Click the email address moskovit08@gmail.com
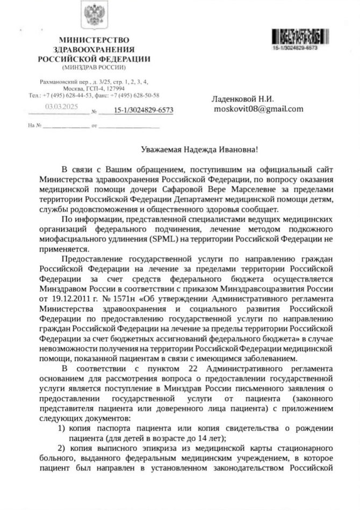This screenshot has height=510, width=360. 258,108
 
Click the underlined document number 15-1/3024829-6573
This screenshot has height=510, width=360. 143,111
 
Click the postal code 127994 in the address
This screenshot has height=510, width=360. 115,88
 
